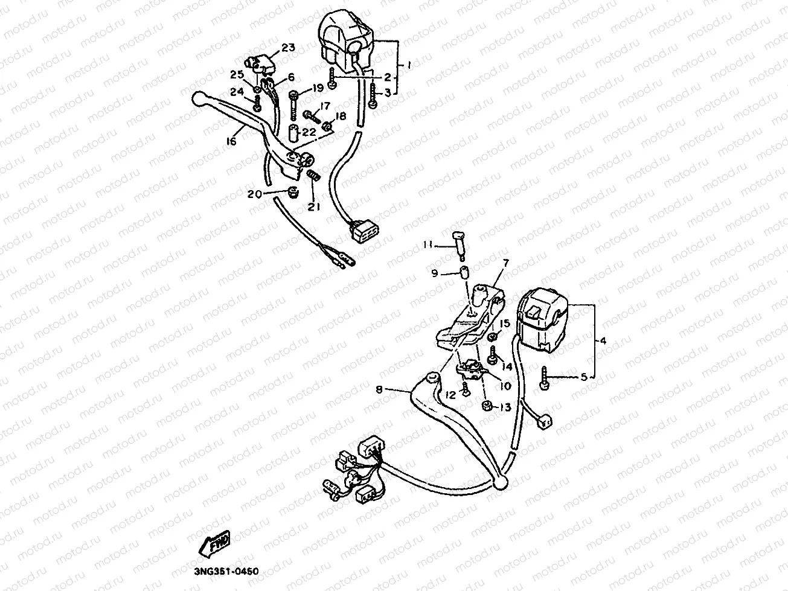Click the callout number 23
(287, 48)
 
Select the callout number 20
(254, 194)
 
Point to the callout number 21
(313, 207)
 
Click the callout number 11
(428, 244)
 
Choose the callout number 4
(602, 340)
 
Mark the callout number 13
(505, 407)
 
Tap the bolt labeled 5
(545, 379)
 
